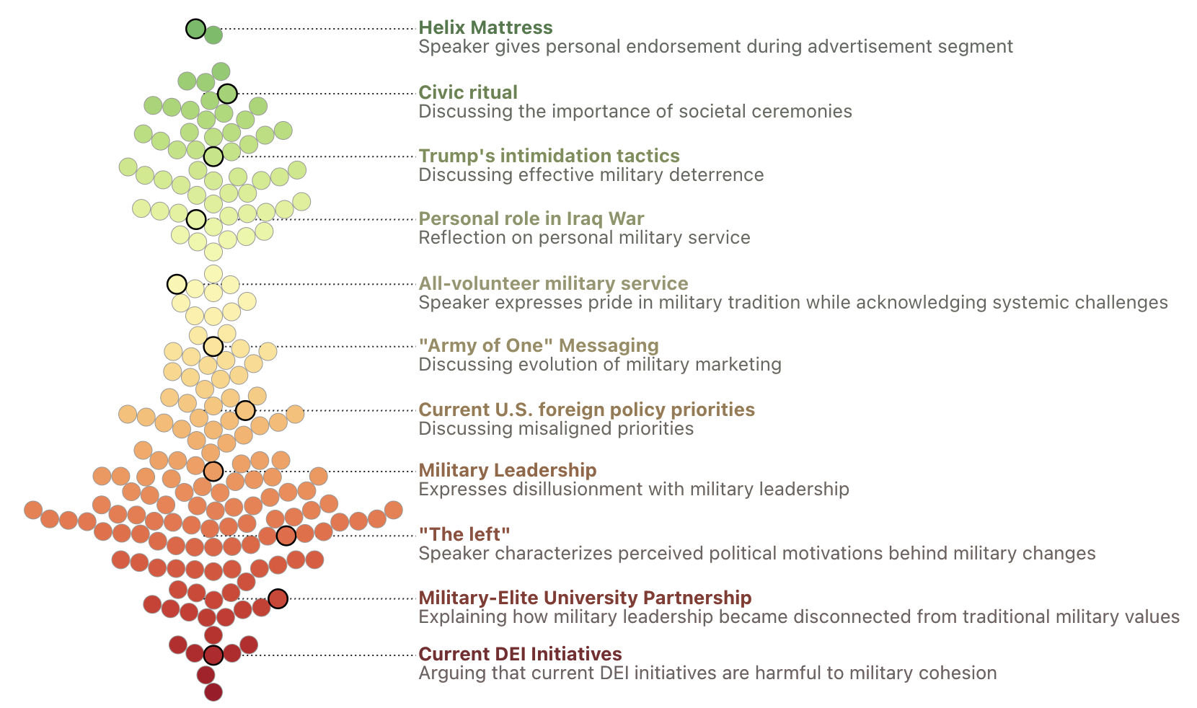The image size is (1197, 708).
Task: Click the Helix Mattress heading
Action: tap(485, 28)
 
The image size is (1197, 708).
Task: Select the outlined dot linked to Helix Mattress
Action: tap(195, 29)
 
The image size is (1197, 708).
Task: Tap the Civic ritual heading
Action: tap(468, 93)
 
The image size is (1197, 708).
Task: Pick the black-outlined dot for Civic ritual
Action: tap(227, 94)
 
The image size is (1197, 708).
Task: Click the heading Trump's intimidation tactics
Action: tap(549, 156)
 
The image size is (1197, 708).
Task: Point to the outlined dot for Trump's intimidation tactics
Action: tap(213, 156)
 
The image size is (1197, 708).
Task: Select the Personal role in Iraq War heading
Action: tap(531, 219)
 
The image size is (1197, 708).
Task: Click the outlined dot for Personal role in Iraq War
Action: tap(196, 219)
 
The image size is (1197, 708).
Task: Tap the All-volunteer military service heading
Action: tap(553, 284)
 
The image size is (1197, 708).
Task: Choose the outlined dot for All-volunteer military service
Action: tap(177, 284)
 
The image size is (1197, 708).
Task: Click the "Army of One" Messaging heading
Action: tap(539, 346)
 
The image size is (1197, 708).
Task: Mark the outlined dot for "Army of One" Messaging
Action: tap(213, 347)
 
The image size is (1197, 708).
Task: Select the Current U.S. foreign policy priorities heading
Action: tap(586, 410)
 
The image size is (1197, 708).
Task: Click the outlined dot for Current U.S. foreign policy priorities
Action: tap(245, 411)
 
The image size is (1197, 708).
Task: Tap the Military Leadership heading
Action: tap(507, 471)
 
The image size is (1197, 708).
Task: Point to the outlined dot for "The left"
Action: tap(286, 536)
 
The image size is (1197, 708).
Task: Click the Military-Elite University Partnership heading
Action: tap(585, 598)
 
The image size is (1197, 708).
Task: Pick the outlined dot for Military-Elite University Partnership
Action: tap(278, 598)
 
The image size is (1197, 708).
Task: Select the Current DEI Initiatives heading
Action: tap(520, 655)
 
